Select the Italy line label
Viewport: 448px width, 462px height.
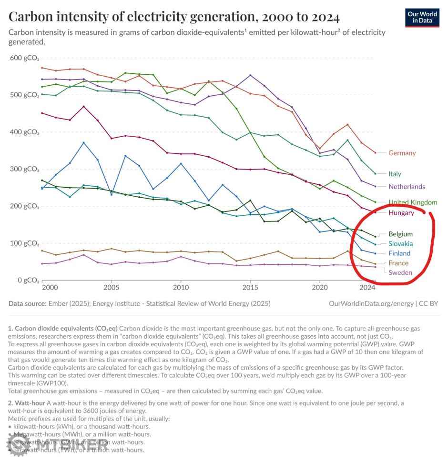395,174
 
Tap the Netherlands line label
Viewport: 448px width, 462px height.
407,187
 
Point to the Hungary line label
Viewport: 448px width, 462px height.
401,213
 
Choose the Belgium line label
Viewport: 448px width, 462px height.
400,234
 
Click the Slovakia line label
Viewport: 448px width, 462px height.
400,244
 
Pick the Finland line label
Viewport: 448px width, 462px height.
399,253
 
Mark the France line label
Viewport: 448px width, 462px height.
398,263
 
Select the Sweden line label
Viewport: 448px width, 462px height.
400,273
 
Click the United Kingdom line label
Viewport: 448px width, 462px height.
413,202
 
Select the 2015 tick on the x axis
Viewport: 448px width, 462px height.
250,288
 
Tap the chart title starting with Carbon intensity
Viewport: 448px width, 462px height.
174,17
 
